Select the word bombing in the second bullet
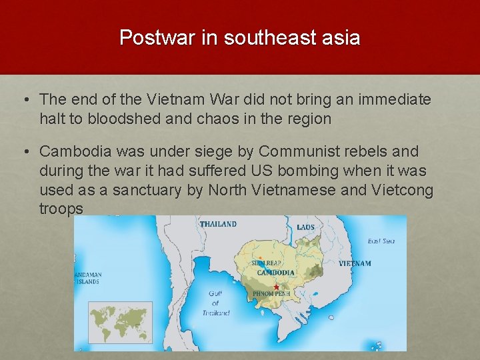306,171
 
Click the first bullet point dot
25,101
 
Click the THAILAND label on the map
218,224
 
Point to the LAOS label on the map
305,227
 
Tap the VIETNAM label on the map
355,263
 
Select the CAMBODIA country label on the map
276,273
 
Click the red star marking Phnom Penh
276,287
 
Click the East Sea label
381,241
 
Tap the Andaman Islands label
87,278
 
